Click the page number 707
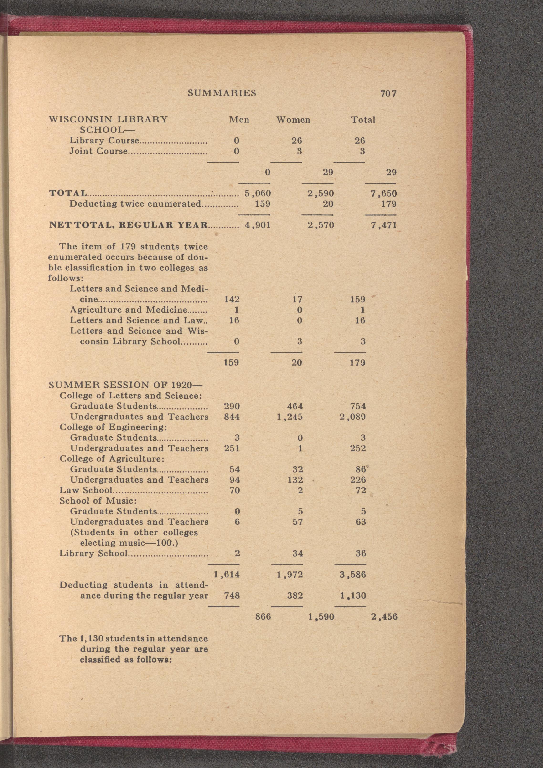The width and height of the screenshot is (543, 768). click(388, 94)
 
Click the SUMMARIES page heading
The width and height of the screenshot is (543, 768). click(222, 93)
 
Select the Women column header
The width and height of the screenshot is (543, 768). click(293, 120)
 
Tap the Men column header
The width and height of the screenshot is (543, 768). click(239, 120)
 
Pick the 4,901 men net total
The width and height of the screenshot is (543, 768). click(258, 225)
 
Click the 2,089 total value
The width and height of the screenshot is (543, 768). click(353, 417)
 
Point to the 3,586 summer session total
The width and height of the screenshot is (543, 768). click(353, 575)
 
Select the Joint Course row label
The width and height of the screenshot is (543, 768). click(98, 151)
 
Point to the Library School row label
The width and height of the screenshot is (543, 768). click(93, 554)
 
